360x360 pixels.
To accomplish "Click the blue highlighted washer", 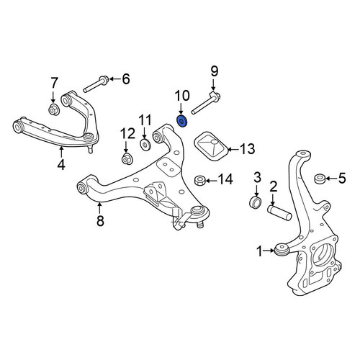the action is [182, 122].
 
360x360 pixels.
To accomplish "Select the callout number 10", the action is [182, 96].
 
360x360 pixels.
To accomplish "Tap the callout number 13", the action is [247, 149].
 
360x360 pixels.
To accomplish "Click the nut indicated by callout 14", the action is [199, 180].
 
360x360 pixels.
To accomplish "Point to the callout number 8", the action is [100, 220].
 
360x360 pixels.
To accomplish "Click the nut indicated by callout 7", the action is [54, 109].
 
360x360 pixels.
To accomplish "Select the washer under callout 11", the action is [145, 145].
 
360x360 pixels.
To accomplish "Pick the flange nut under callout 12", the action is [127, 159].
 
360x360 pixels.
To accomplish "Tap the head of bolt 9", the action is [215, 96].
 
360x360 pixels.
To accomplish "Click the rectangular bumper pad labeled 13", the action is [210, 145].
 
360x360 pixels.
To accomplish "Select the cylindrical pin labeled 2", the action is [279, 212].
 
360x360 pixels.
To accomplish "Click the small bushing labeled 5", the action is [320, 179].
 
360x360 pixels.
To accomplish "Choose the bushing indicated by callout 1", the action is [282, 250].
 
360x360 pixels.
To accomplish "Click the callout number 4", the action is [61, 164].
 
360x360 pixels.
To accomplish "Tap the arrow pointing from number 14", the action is [210, 180].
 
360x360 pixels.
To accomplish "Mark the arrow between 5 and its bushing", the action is [331, 179].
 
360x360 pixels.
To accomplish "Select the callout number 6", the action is [126, 78].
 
